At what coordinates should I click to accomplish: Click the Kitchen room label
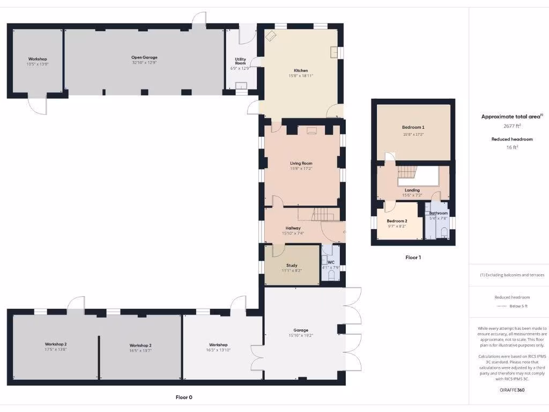coord(300,71)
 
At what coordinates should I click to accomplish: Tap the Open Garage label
coord(144,57)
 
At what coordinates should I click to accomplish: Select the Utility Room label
coord(240,61)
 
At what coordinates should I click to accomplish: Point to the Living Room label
coord(301,163)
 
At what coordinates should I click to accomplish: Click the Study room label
coord(292,265)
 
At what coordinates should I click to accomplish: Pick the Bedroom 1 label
coord(413,127)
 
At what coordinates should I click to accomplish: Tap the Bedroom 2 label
coord(397,221)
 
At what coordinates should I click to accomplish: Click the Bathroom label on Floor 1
coord(438,213)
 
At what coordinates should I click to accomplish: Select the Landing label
coord(412,190)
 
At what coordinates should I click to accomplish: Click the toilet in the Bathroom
coord(444,231)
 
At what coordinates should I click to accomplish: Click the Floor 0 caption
coord(183,397)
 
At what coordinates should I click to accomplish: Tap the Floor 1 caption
coord(413,257)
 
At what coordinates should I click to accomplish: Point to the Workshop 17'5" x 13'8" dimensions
coord(56,349)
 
